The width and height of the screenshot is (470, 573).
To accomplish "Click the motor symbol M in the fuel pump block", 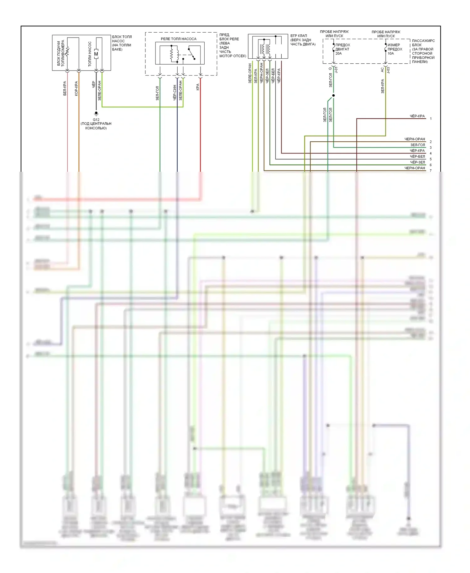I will tap(96, 54).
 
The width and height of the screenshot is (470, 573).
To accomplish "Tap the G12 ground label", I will tap(96, 119).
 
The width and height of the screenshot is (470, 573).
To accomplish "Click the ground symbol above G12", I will tap(96, 113).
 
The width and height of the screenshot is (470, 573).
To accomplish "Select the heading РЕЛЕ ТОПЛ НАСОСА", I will tap(179, 39).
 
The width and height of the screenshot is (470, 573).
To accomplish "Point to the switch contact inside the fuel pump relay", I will tap(192, 53).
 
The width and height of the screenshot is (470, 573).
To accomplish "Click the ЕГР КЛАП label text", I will tap(299, 36).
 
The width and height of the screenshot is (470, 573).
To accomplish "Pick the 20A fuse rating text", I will tap(338, 54).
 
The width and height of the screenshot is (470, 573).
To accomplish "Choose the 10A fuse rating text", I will tap(391, 54).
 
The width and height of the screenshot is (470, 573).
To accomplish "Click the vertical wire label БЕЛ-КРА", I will tap(65, 88).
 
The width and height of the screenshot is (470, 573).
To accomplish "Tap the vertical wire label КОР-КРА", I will tap(76, 88).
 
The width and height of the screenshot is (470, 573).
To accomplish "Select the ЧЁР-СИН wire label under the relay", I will tap(175, 92).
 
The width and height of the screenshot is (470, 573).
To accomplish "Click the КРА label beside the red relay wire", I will tap(198, 87).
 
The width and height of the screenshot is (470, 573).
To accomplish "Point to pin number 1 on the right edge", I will tap(431, 119).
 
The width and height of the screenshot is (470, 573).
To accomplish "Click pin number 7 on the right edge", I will tap(431, 171).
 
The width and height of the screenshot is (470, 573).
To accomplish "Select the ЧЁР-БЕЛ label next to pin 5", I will tap(417, 156).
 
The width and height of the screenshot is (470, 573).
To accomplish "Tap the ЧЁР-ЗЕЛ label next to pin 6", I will tap(417, 162).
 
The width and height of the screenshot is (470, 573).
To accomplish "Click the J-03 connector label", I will tap(388, 70).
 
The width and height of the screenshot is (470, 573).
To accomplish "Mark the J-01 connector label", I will tap(336, 70).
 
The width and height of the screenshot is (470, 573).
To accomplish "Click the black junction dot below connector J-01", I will tap(333, 95).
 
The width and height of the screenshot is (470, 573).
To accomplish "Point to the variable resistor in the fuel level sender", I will tap(67, 52).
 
